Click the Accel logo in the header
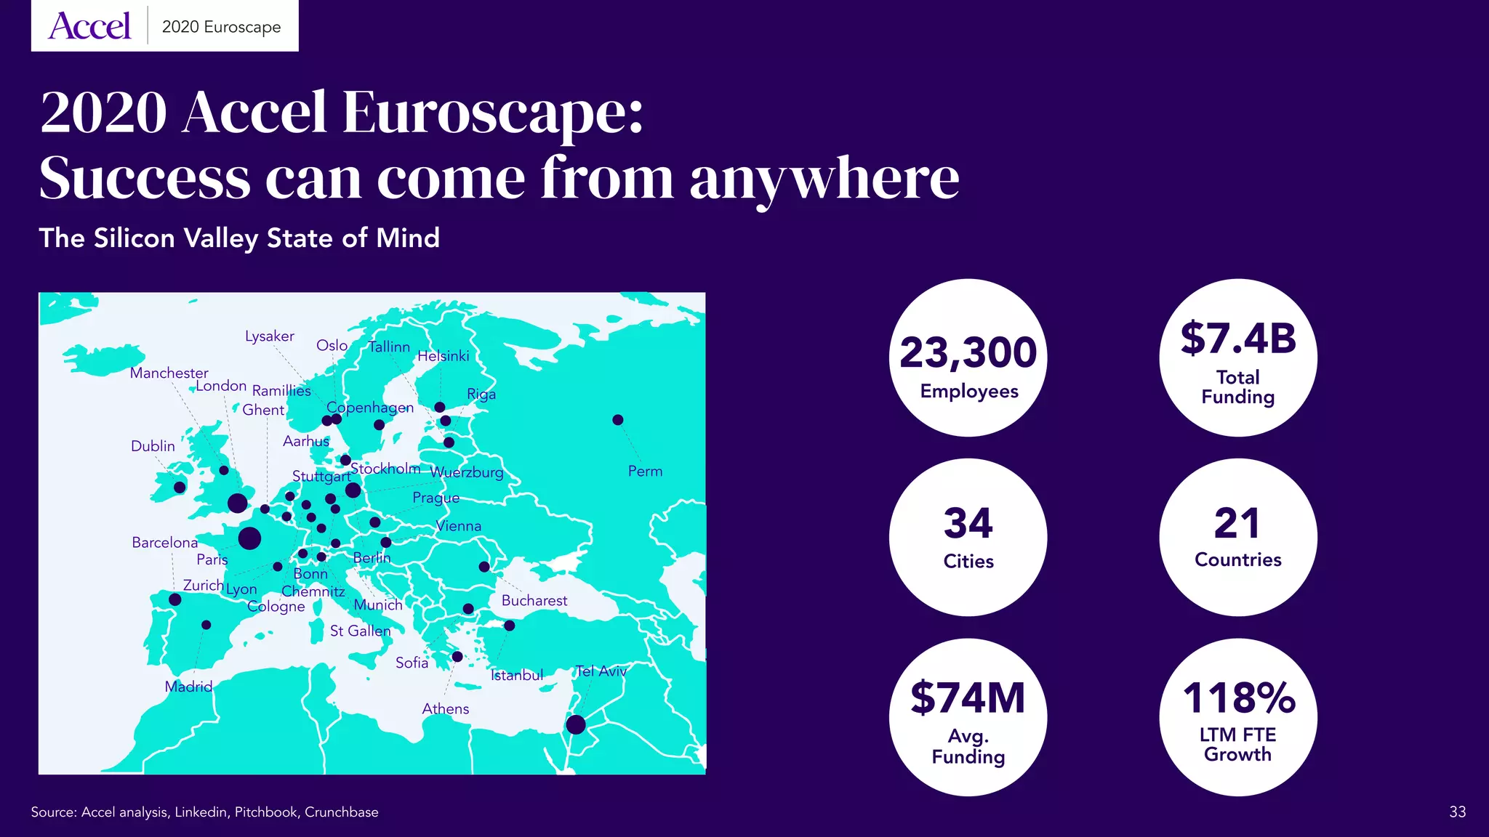point(89,26)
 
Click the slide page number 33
point(1457,812)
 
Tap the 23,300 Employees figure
point(968,353)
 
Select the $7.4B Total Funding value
point(1238,339)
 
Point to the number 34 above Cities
point(968,523)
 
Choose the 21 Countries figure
point(1237,523)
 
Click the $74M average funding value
point(968,698)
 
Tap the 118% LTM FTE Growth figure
point(1238,698)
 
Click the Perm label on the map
point(645,471)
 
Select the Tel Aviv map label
point(601,671)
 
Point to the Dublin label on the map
point(153,446)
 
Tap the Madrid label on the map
point(188,687)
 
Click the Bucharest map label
point(534,600)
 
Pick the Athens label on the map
point(445,708)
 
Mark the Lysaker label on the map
point(269,336)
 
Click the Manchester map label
point(169,373)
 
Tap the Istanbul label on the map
point(517,675)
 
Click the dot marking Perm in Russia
point(617,420)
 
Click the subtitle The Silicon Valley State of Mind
point(239,238)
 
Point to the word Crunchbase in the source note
point(341,812)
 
